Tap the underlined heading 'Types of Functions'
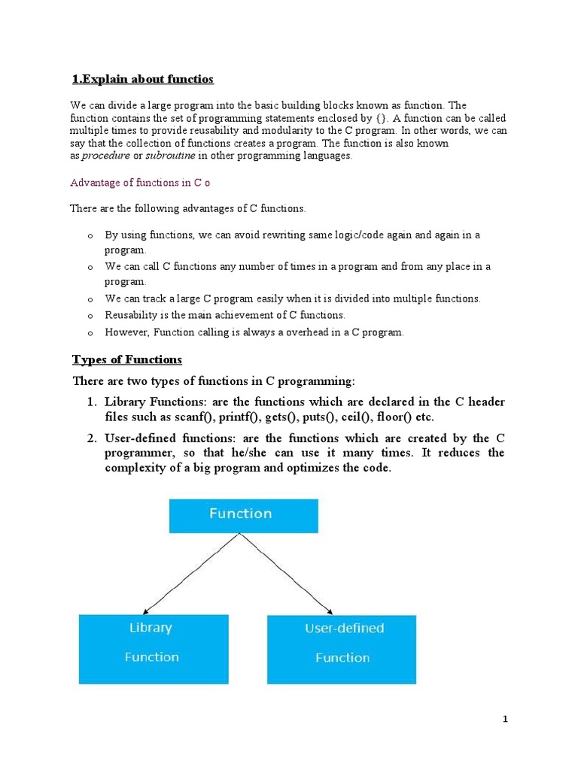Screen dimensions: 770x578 [x=126, y=359]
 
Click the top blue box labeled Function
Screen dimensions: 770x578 [x=240, y=514]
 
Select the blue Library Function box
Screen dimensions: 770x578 [x=153, y=649]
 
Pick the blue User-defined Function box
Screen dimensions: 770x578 [x=342, y=649]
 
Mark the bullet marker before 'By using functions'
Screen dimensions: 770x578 [x=90, y=236]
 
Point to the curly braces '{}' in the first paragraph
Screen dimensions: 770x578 [x=380, y=119]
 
